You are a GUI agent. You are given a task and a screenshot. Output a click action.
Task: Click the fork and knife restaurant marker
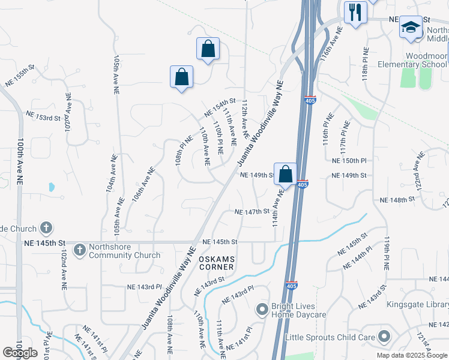tap(355, 11)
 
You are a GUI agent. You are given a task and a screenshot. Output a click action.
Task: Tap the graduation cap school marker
tap(411, 28)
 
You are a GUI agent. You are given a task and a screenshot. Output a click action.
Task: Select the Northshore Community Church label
tap(124, 250)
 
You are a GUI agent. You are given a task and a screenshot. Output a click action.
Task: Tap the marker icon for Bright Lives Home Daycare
tap(262, 310)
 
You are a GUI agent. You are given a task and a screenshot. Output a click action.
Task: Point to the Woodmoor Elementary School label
tap(412, 65)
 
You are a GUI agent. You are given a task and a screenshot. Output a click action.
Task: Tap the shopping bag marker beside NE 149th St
tap(286, 175)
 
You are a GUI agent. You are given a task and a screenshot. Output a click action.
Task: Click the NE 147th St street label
tap(251, 212)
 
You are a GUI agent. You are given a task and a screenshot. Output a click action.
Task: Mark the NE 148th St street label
tap(398, 199)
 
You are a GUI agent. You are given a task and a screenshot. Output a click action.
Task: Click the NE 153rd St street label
tap(43, 115)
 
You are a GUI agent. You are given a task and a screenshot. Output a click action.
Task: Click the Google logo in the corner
tap(20, 353)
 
